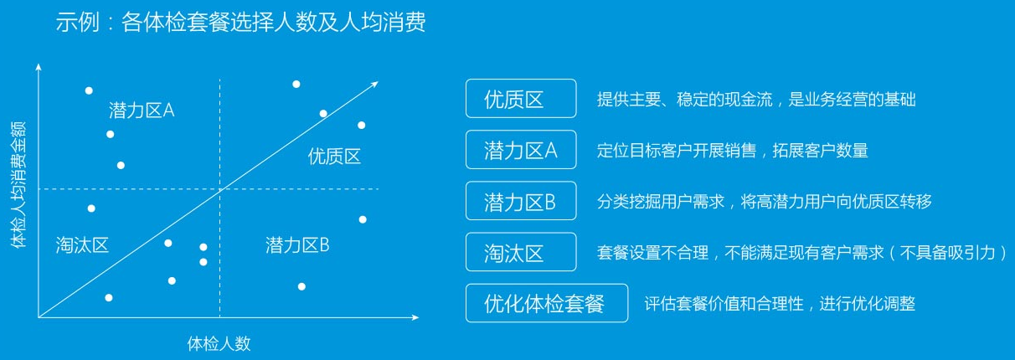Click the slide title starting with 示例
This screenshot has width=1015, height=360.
(240, 23)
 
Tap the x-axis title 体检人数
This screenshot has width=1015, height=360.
(219, 344)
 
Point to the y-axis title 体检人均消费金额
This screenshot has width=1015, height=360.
(18, 185)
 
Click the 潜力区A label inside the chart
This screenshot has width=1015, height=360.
(142, 111)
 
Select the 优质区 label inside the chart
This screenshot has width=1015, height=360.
(334, 157)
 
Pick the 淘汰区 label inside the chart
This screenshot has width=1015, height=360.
(82, 245)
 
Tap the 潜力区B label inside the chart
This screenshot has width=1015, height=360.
(297, 245)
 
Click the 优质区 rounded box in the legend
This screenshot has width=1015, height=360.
(521, 99)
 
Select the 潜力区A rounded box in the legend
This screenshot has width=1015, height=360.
(521, 150)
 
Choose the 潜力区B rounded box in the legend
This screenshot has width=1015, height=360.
(521, 201)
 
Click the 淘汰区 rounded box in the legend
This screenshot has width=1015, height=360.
(521, 252)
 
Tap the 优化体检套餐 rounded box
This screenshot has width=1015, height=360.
(547, 303)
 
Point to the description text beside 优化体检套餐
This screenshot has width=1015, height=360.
(780, 303)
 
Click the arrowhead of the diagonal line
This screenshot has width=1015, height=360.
(374, 85)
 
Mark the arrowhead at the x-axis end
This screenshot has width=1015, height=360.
(415, 317)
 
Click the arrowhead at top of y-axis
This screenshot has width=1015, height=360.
(39, 67)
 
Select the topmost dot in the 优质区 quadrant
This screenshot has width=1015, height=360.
(296, 85)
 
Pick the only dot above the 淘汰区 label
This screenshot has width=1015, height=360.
(91, 208)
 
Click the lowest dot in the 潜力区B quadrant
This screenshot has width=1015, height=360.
(301, 286)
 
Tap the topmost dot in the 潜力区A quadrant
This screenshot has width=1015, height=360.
(89, 91)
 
